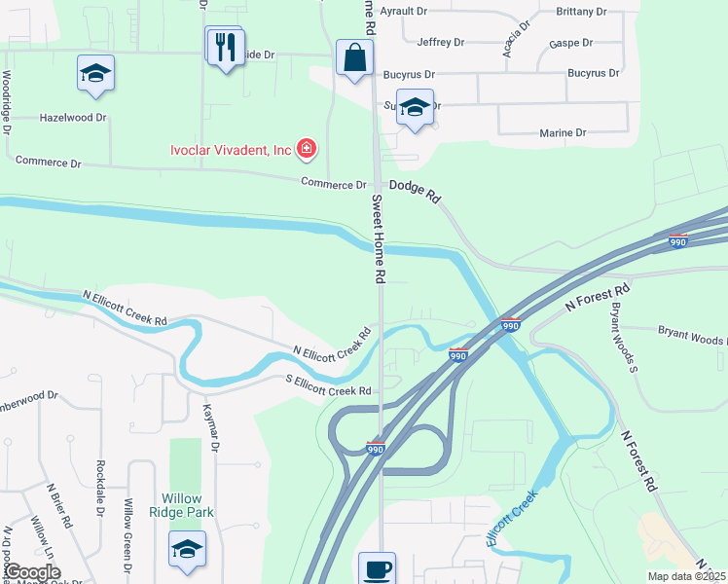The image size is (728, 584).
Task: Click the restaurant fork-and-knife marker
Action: pyautogui.click(x=225, y=46)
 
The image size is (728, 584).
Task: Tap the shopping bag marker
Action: pyautogui.click(x=354, y=57)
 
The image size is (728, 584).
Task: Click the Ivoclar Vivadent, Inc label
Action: pyautogui.click(x=231, y=150)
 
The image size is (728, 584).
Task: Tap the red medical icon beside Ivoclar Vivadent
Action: pyautogui.click(x=307, y=149)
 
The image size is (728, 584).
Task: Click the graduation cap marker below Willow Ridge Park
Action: pyautogui.click(x=187, y=549)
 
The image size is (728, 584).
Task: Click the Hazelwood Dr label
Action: pyautogui.click(x=72, y=117)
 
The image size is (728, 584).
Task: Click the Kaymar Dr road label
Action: pyautogui.click(x=210, y=421)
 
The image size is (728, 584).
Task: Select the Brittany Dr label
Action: pyautogui.click(x=581, y=11)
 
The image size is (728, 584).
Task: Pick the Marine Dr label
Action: pyautogui.click(x=563, y=132)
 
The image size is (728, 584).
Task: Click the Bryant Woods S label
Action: pyautogui.click(x=624, y=337)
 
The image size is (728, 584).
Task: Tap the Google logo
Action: pyautogui.click(x=32, y=572)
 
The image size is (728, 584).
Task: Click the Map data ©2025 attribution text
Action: pyautogui.click(x=685, y=576)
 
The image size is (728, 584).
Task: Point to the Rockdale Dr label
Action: pyautogui.click(x=100, y=483)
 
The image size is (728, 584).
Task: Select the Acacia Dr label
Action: pyautogui.click(x=516, y=38)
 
